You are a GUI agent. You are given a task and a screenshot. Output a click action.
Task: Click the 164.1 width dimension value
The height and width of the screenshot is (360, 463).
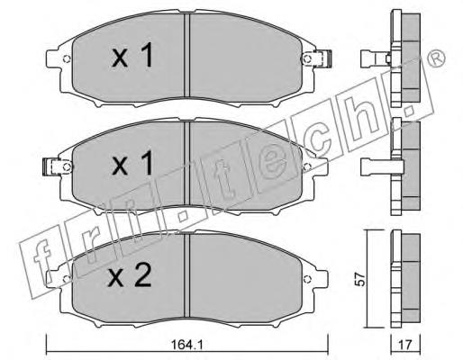186,345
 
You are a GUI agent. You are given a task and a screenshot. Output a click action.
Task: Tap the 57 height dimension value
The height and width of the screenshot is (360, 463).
360,279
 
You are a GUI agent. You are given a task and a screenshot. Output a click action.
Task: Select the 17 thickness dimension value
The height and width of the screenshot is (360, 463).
405,345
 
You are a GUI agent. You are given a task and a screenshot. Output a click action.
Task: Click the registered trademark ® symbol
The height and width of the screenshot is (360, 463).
436,58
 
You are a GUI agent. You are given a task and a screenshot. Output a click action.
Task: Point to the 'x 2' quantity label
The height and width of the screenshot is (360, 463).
130,276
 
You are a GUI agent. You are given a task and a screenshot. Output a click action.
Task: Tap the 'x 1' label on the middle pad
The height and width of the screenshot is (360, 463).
132,164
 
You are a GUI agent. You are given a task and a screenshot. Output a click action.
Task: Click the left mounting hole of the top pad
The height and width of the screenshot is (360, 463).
67,59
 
